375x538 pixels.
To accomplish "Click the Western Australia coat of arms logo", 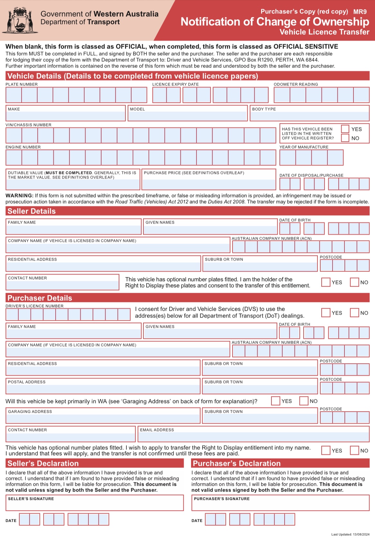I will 20,20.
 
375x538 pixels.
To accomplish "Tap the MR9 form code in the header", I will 360,12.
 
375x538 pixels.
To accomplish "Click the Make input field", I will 66,115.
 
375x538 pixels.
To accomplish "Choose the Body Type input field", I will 309,115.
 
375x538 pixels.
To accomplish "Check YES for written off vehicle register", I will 345,129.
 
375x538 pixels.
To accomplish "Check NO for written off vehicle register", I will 345,138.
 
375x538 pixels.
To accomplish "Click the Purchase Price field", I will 209,183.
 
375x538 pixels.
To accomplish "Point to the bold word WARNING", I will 19,196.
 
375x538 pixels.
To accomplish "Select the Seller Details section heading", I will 32,211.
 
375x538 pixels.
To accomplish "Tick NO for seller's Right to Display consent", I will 354,282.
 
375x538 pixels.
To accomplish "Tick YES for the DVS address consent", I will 326,313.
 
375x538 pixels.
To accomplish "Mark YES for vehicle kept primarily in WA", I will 276,401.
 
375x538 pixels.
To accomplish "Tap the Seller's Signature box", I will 95,505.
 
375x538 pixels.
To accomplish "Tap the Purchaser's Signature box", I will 280,505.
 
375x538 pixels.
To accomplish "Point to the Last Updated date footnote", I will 350,534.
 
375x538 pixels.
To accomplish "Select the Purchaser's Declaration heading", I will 237,463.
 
